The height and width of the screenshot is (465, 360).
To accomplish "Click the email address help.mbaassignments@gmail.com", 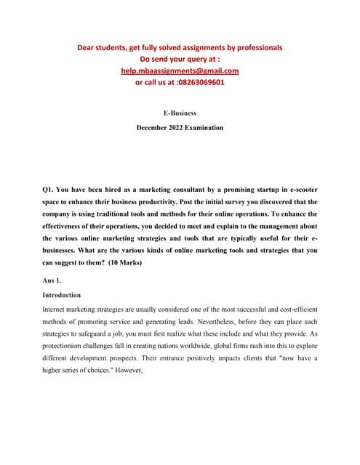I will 180,70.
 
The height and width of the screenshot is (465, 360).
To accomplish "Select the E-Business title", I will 180,113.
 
